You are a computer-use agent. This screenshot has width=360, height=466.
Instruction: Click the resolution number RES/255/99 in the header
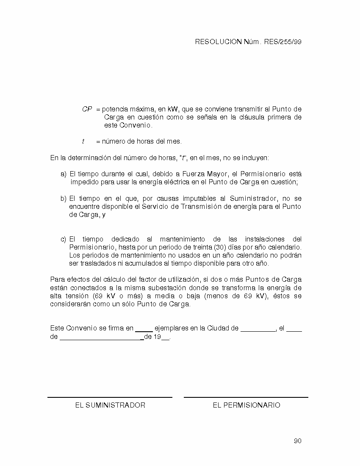point(282,42)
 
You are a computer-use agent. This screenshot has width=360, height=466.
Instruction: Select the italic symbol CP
point(87,109)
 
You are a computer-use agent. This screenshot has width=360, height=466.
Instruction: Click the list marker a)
point(64,174)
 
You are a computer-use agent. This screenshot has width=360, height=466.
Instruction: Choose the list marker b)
point(64,199)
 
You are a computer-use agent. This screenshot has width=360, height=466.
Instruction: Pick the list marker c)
point(64,239)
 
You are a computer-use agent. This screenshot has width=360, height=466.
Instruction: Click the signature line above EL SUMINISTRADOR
point(110,397)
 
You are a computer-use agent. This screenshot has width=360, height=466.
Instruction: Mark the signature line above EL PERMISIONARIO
point(246,397)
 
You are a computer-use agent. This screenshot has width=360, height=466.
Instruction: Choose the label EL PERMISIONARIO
point(246,405)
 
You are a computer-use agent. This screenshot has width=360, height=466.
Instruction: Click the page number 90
point(297,441)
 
